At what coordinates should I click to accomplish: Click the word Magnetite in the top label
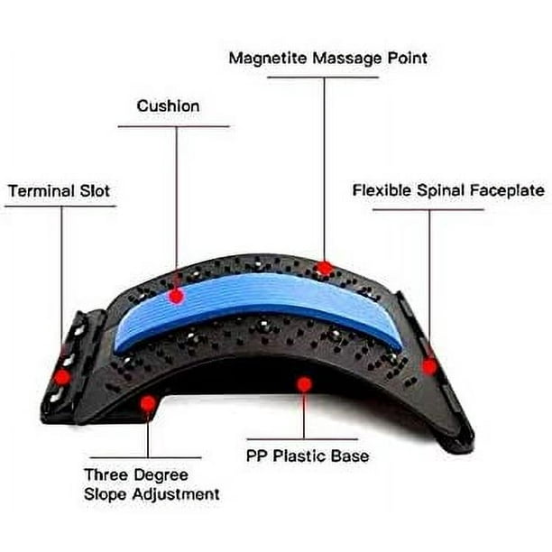pyautogui.click(x=268, y=59)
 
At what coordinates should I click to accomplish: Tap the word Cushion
pyautogui.click(x=168, y=106)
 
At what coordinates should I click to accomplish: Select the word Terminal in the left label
pyautogui.click(x=41, y=191)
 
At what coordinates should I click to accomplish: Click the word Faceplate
pyautogui.click(x=507, y=190)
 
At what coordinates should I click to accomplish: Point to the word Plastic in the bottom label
pyautogui.click(x=299, y=455)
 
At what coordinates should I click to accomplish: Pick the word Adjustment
pyautogui.click(x=176, y=494)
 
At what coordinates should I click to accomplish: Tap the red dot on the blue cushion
pyautogui.click(x=176, y=296)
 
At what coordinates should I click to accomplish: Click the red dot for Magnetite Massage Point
pyautogui.click(x=324, y=269)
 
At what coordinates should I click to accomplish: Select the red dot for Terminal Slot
pyautogui.click(x=62, y=377)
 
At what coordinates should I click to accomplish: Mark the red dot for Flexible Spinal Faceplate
pyautogui.click(x=429, y=366)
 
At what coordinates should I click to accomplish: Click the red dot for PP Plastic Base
pyautogui.click(x=304, y=384)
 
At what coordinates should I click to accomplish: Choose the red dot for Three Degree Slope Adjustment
pyautogui.click(x=148, y=403)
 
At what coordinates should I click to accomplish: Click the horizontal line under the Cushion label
pyautogui.click(x=173, y=126)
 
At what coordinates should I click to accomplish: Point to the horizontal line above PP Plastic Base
pyautogui.click(x=302, y=439)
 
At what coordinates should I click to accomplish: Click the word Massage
pyautogui.click(x=347, y=59)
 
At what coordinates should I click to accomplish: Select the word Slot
pyautogui.click(x=95, y=191)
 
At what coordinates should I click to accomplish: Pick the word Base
pyautogui.click(x=350, y=455)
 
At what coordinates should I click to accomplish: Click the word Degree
pyautogui.click(x=161, y=475)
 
